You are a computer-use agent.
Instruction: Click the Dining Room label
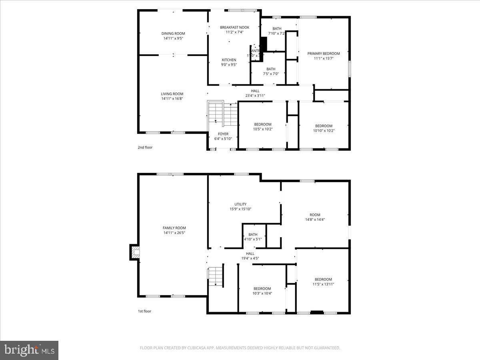tap(173, 34)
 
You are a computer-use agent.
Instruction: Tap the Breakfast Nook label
tap(234, 27)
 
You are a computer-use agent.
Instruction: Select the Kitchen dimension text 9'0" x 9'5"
tap(229, 65)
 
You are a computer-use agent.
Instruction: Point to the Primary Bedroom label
tap(323, 54)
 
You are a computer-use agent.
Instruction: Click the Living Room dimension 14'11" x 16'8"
tap(172, 99)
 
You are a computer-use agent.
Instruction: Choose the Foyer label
tap(223, 134)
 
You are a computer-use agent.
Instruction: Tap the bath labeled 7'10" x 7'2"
tap(277, 29)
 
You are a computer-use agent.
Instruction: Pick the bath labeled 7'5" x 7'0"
tap(271, 69)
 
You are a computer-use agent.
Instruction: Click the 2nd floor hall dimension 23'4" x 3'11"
tap(255, 96)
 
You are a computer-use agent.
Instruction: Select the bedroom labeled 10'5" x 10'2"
tap(262, 124)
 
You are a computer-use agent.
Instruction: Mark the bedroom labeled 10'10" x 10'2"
tap(324, 126)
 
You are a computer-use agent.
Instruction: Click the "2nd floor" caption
tap(145, 148)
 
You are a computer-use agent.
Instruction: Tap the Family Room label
tap(174, 228)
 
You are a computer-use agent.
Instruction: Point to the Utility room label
tap(240, 204)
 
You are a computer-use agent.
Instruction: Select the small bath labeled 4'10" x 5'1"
tap(253, 235)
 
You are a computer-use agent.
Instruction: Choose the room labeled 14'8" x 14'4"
tap(315, 215)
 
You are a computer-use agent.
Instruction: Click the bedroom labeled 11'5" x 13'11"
tap(323, 279)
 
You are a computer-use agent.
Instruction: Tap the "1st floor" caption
tap(144, 311)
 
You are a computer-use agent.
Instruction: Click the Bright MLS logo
tap(29, 350)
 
